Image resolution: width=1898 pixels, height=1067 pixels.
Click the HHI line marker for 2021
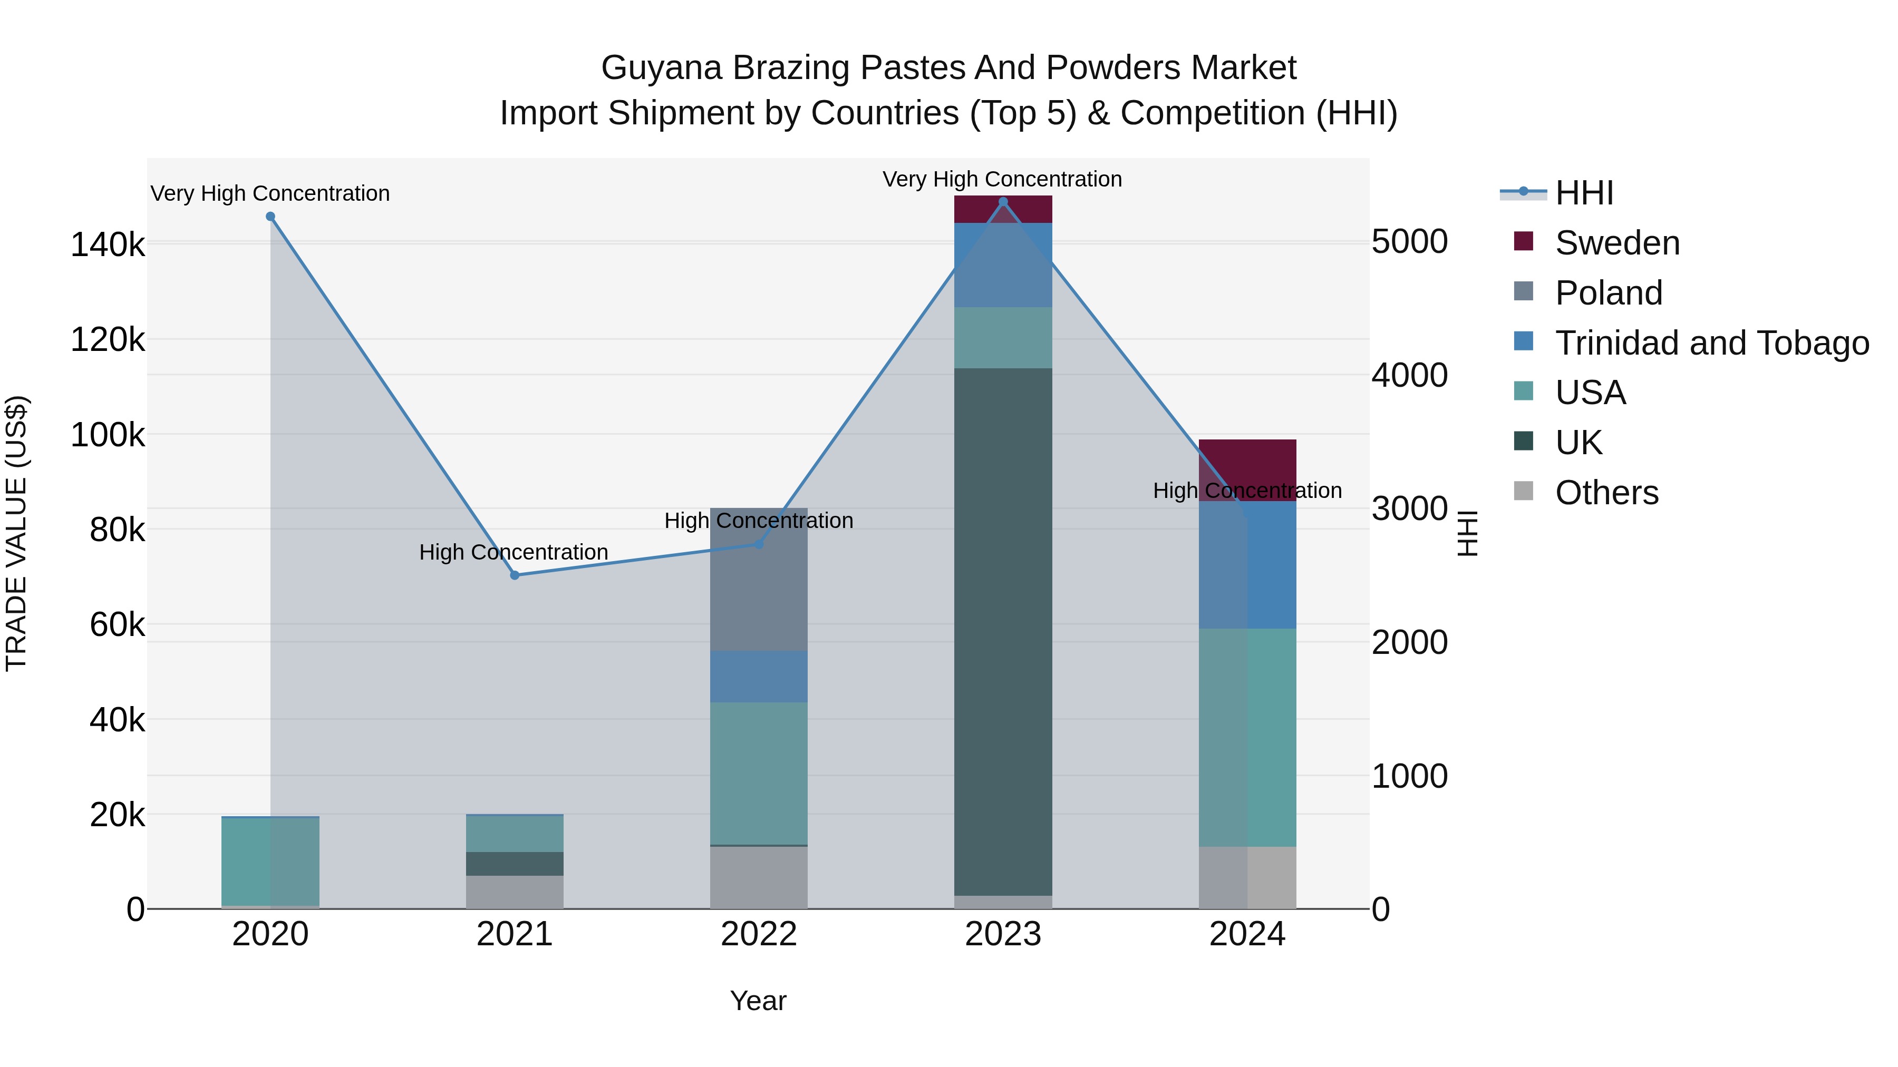pos(514,575)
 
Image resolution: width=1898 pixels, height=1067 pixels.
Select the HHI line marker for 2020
pos(270,217)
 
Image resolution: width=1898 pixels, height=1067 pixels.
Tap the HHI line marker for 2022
pos(759,544)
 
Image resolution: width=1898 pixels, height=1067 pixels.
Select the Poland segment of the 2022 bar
pos(759,580)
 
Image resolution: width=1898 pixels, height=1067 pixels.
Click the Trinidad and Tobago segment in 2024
pos(1247,565)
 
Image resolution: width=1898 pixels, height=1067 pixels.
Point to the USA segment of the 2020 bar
pos(270,861)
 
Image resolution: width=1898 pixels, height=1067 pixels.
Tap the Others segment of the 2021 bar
pos(514,892)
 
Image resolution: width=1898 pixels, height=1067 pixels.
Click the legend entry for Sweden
pos(1618,243)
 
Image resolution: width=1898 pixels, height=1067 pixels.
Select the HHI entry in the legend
pos(1584,193)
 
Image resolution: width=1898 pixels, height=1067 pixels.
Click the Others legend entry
pos(1606,493)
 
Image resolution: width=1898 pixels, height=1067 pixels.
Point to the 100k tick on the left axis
pos(108,435)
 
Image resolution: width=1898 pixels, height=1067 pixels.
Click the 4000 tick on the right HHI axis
pos(1409,376)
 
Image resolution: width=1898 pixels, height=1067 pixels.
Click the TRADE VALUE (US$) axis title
pos(16,533)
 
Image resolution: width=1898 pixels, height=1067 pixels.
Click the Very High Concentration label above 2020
pos(270,194)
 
